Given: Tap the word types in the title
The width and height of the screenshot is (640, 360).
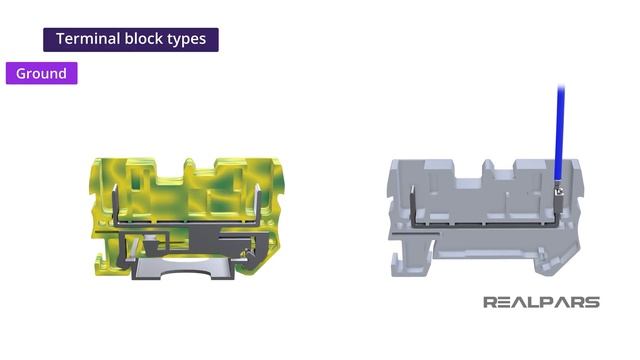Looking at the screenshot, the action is point(187,40).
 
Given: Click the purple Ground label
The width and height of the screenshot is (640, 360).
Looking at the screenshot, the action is point(42,73).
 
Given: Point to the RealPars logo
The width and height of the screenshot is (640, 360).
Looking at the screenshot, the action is point(542,302).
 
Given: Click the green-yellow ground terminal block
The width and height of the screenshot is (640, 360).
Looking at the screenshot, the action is point(187,219).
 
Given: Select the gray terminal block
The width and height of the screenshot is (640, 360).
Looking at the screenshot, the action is point(486,218).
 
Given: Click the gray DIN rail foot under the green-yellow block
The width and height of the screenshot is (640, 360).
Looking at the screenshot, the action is point(184,269).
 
